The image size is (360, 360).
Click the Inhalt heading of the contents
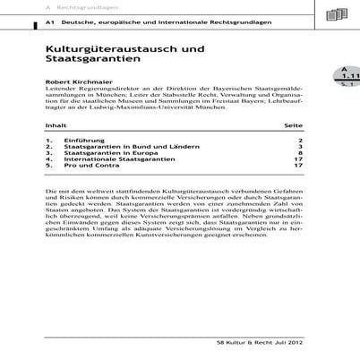(x=56, y=125)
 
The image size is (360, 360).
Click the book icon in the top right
(x=337, y=13)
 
